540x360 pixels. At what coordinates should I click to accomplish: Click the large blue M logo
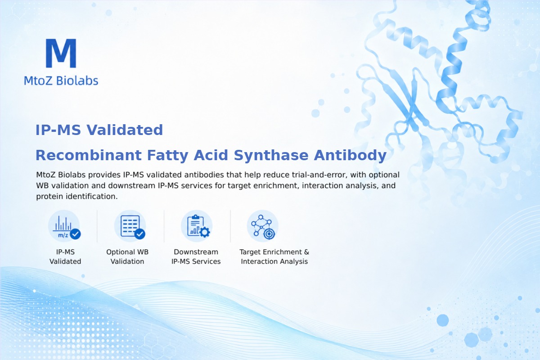tap(61, 53)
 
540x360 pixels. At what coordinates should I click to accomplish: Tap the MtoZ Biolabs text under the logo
tap(61, 81)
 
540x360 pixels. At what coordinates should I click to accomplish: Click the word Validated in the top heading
tap(125, 130)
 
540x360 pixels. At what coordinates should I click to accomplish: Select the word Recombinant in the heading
tap(89, 155)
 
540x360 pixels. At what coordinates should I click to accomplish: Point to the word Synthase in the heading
tap(271, 156)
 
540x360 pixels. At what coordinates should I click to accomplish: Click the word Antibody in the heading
tap(350, 156)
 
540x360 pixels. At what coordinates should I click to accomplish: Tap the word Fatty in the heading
tap(168, 156)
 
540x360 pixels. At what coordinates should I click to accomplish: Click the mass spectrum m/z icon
tap(64, 226)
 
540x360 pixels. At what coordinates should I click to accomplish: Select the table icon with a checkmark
tap(130, 226)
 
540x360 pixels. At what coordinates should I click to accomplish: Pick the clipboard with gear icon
tap(197, 226)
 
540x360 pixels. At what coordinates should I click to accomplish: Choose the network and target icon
tap(263, 226)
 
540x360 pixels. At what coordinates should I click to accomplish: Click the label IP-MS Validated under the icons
tap(65, 256)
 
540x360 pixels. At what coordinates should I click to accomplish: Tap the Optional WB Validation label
tap(127, 256)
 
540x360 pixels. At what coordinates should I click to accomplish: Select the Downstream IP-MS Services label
tap(196, 256)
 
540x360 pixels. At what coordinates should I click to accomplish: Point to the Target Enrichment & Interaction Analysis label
tap(274, 256)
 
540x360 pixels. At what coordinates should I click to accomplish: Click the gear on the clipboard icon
tap(205, 232)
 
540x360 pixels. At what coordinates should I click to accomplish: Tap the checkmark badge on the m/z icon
tap(75, 234)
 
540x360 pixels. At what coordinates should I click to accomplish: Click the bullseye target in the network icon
tap(269, 234)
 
